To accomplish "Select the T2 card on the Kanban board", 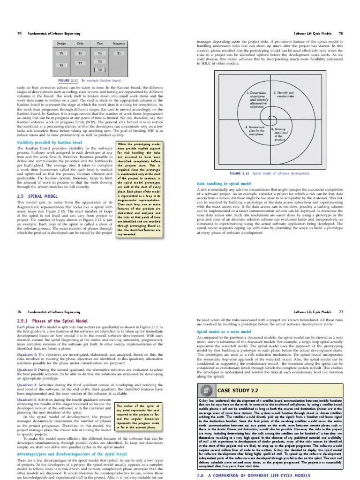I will tap(99, 70).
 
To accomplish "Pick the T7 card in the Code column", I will tap(80, 62).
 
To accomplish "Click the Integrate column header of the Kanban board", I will tap(119, 44).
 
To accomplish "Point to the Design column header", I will tap(61, 44).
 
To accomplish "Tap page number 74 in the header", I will tap(20, 34).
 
